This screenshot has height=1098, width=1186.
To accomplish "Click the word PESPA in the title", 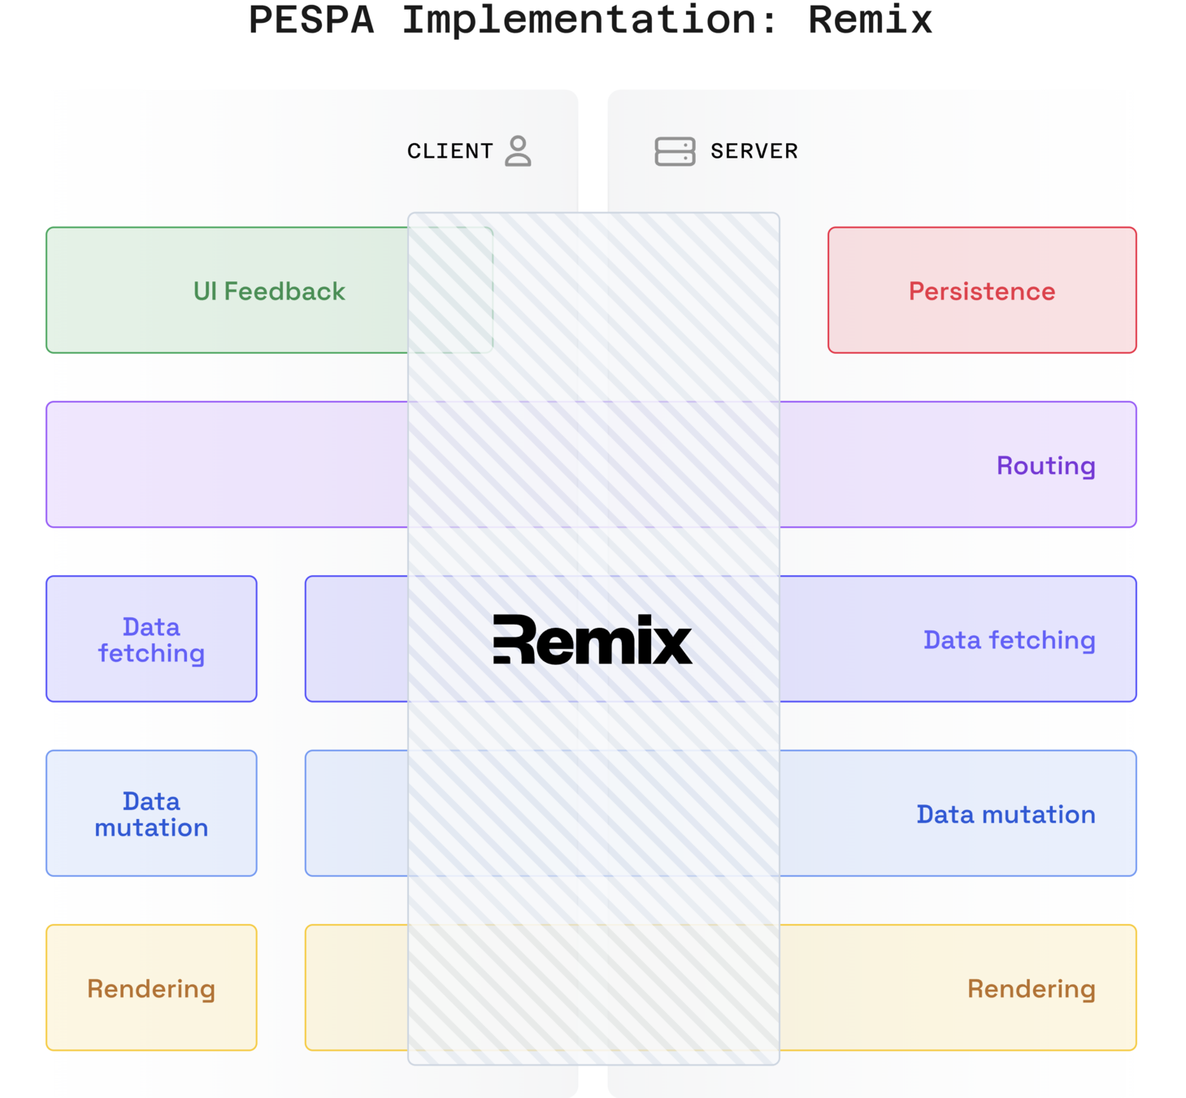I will [311, 20].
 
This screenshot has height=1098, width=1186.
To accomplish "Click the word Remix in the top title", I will [870, 20].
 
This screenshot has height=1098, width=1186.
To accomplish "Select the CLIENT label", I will [450, 151].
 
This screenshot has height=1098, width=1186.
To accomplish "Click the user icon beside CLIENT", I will [518, 151].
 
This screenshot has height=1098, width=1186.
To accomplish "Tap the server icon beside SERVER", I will [675, 151].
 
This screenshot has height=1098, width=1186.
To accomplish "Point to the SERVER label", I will [754, 151].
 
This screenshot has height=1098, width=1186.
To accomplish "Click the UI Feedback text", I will [269, 291].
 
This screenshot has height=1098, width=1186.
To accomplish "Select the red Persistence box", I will [982, 290].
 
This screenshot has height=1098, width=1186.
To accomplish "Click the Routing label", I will [1045, 465].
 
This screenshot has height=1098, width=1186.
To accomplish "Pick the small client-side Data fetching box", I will [151, 639].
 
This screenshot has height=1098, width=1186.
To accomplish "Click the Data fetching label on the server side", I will [1009, 640].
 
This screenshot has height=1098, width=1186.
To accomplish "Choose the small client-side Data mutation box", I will [151, 813].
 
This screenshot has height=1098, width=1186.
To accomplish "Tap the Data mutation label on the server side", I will [1006, 814].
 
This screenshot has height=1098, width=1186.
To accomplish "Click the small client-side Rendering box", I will [151, 987].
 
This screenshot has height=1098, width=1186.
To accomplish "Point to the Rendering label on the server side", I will [1031, 988].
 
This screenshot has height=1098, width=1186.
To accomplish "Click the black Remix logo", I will [593, 640].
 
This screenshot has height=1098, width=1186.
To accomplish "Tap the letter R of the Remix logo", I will [515, 640].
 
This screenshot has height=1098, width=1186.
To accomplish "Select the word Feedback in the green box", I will [285, 291].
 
